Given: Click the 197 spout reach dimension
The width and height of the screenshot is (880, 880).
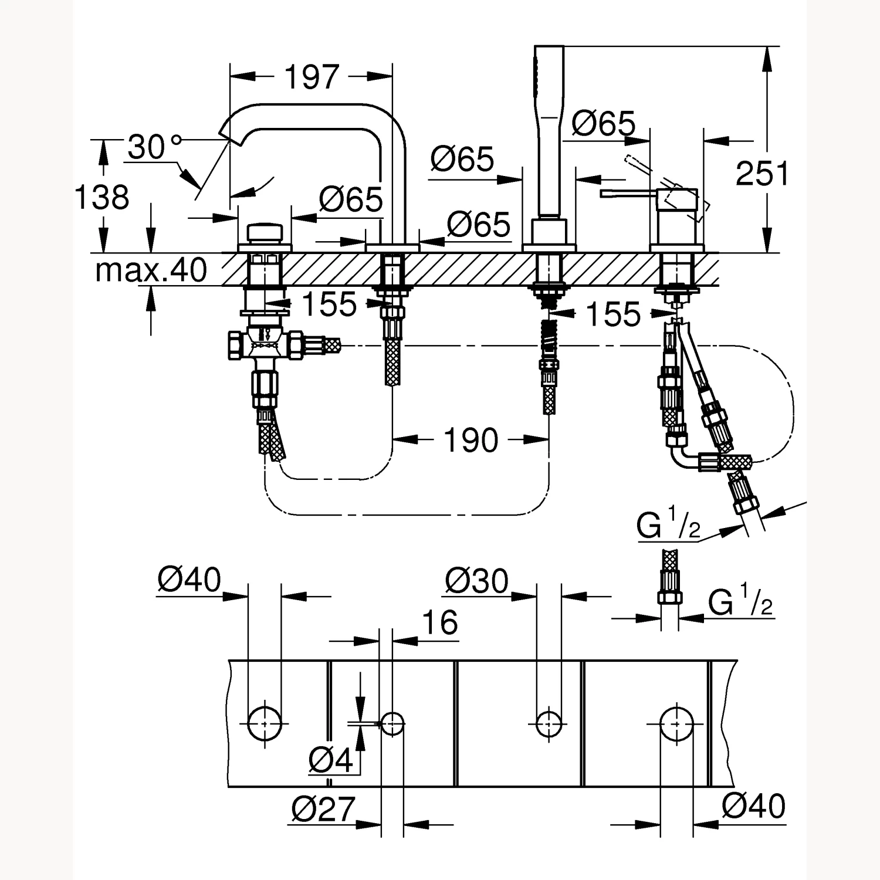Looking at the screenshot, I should point(312,77).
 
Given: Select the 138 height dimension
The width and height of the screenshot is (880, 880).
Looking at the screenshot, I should point(101,197).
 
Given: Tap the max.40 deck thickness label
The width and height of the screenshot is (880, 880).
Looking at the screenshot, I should point(151,270).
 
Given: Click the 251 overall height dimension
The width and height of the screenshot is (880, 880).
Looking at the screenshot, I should point(762,174).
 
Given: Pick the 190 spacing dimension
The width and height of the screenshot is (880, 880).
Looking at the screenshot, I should point(471,440).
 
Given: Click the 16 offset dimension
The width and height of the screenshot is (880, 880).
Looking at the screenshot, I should point(439,623).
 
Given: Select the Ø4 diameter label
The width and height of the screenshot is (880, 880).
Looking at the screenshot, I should point(331,761).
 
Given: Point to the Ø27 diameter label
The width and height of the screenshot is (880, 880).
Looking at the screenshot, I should point(323,810).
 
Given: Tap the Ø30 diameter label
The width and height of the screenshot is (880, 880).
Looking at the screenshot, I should point(476,581).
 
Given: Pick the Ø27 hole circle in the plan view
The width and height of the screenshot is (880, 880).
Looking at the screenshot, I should point(392,724).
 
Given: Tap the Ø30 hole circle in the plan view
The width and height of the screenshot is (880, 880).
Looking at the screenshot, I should point(549,724).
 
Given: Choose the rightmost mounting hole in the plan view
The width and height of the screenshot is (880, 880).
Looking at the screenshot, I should point(677,725).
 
